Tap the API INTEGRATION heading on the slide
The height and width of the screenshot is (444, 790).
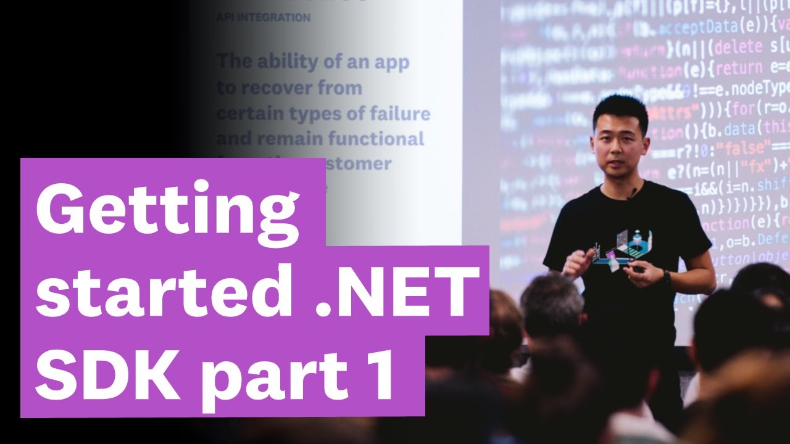click(x=263, y=18)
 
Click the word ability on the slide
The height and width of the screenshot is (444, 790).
click(x=291, y=62)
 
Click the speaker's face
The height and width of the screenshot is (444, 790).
click(x=619, y=148)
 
